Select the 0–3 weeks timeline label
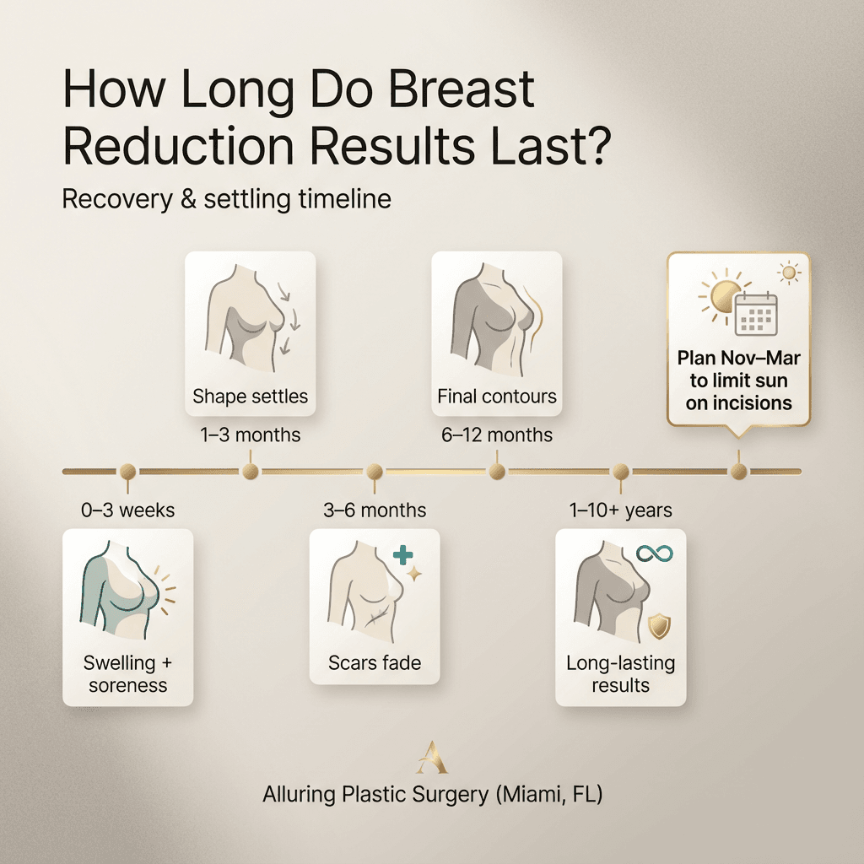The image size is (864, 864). pos(128,510)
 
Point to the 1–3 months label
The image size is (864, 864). pos(250,435)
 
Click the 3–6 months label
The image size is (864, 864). pos(375,510)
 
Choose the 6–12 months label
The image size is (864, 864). pos(496,435)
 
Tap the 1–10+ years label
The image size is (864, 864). pos(620,510)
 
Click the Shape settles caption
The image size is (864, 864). pos(250,396)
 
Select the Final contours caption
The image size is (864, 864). pos(496,396)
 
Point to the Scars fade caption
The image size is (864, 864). pos(375,663)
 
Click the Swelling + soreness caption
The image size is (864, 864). pos(128,673)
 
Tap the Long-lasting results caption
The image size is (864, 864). pos(620,673)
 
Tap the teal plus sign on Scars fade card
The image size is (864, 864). pos(403,554)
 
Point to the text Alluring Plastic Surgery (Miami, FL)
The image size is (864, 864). pos(432,795)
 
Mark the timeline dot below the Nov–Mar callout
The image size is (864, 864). pos(739,472)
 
